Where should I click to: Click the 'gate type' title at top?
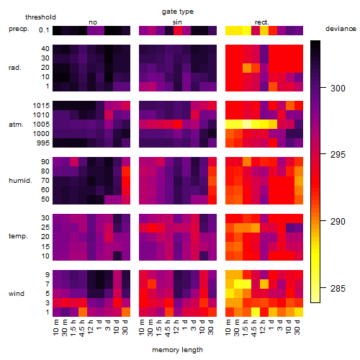pyautogui.click(x=178, y=12)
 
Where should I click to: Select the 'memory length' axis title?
pyautogui.click(x=177, y=350)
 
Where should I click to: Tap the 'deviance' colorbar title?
pyautogui.click(x=341, y=29)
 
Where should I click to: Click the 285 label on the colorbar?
pyautogui.click(x=338, y=288)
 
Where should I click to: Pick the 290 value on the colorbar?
pyautogui.click(x=338, y=221)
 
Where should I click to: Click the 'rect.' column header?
pyautogui.click(x=262, y=22)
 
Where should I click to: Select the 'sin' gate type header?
pyautogui.click(x=177, y=22)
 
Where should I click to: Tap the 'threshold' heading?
pyautogui.click(x=40, y=17)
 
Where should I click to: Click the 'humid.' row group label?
pyautogui.click(x=20, y=181)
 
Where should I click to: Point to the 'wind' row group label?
pyautogui.click(x=17, y=294)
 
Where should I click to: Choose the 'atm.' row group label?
pyautogui.click(x=16, y=125)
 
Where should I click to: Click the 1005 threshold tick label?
pyautogui.click(x=41, y=125)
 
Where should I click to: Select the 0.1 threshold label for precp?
pyautogui.click(x=44, y=30)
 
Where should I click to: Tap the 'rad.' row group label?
pyautogui.click(x=15, y=68)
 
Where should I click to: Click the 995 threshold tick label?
pyautogui.click(x=43, y=143)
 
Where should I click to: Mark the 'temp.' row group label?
pyautogui.click(x=18, y=236)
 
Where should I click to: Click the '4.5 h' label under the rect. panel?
pyautogui.click(x=253, y=328)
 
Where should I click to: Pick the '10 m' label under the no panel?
pyautogui.click(x=55, y=328)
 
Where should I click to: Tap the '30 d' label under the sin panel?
pyautogui.click(x=210, y=328)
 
